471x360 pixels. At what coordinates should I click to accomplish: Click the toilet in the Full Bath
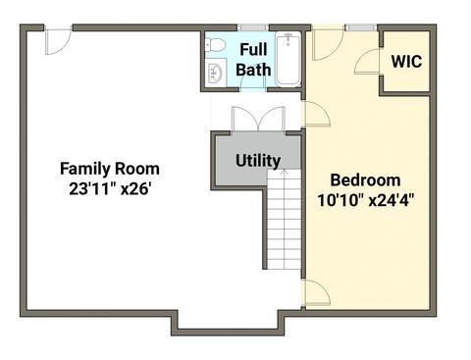coord(215,45)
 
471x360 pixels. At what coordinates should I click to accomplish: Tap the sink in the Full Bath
coord(216,72)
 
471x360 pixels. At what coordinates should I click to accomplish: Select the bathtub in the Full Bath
coord(288,59)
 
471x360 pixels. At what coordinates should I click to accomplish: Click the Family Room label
coord(110,169)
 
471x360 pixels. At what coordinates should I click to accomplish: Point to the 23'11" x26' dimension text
coord(110,188)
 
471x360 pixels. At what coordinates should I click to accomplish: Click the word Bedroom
coord(365,180)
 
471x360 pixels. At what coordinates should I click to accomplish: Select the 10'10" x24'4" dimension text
coord(365,200)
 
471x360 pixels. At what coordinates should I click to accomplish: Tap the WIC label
coord(406,62)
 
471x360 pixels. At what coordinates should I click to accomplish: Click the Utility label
coord(258,161)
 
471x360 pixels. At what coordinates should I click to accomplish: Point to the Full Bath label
coord(253,60)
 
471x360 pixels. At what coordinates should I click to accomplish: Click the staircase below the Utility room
coord(284,219)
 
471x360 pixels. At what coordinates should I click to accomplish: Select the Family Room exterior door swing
coord(58,42)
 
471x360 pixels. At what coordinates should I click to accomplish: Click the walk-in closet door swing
coord(367,62)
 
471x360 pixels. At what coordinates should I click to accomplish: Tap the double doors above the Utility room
coord(258,119)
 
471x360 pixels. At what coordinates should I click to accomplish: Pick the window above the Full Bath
coord(253,27)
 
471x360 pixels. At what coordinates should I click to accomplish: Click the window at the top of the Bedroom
coord(361,27)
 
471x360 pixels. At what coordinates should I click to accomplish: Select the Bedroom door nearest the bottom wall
coord(316,293)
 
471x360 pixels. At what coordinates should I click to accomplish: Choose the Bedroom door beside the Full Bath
coord(316,114)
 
